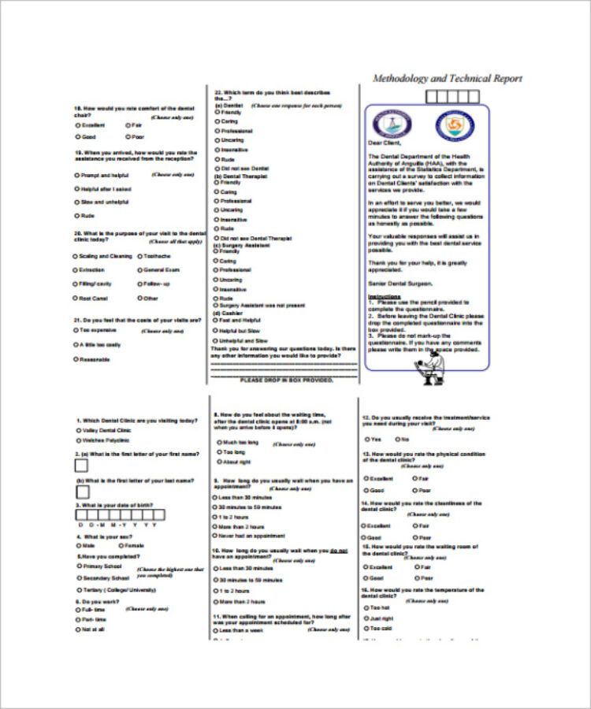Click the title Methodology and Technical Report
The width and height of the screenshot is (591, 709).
point(447,79)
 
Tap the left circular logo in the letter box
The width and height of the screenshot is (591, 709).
point(392,123)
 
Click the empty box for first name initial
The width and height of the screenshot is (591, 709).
point(81,466)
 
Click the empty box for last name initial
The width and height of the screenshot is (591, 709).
point(81,492)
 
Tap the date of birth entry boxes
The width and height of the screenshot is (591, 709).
point(119,514)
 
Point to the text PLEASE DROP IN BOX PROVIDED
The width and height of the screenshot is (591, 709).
point(286,380)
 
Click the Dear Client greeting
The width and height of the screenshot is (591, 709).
point(385,143)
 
